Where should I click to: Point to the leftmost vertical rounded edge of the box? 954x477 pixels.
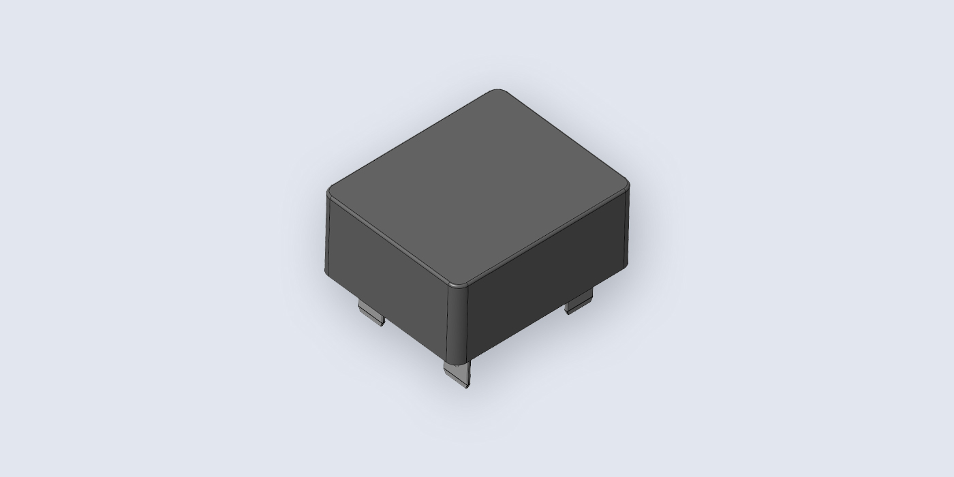click(x=327, y=232)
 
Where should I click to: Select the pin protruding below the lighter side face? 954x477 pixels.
click(x=371, y=313)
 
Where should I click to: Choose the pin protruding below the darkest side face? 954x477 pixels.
click(x=579, y=301)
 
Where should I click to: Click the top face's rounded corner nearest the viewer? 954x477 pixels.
click(x=459, y=283)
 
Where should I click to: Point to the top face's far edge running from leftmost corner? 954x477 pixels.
click(x=409, y=140)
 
